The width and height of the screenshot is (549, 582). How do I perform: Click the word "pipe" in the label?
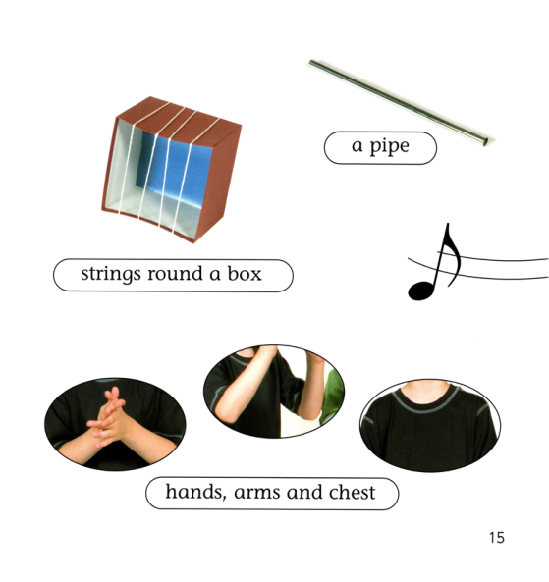(389, 147)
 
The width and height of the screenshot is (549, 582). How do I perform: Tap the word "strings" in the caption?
(111, 274)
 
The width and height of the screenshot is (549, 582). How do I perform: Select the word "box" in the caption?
(245, 273)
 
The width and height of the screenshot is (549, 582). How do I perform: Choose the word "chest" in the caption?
(353, 492)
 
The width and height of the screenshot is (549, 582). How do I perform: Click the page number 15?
(497, 538)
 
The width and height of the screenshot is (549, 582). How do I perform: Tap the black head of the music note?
(421, 291)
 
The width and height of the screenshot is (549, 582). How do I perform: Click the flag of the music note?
(453, 254)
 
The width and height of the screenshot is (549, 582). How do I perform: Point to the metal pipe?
(398, 102)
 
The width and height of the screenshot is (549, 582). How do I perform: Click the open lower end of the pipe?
(484, 141)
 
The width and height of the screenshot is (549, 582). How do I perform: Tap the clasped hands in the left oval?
(108, 417)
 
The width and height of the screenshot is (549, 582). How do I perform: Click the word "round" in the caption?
(175, 274)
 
